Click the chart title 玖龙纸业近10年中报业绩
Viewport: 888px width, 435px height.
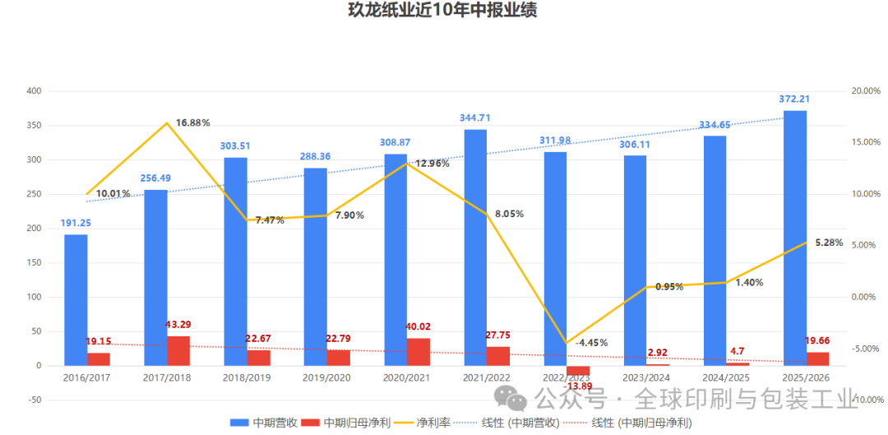(x=443, y=12)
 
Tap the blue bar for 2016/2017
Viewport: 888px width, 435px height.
(x=76, y=299)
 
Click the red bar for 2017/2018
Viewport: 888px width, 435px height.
(x=178, y=350)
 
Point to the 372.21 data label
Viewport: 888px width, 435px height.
(x=794, y=99)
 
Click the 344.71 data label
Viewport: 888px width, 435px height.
(x=476, y=118)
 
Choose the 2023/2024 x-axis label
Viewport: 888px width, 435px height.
(x=645, y=377)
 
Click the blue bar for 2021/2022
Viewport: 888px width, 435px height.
(x=476, y=247)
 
